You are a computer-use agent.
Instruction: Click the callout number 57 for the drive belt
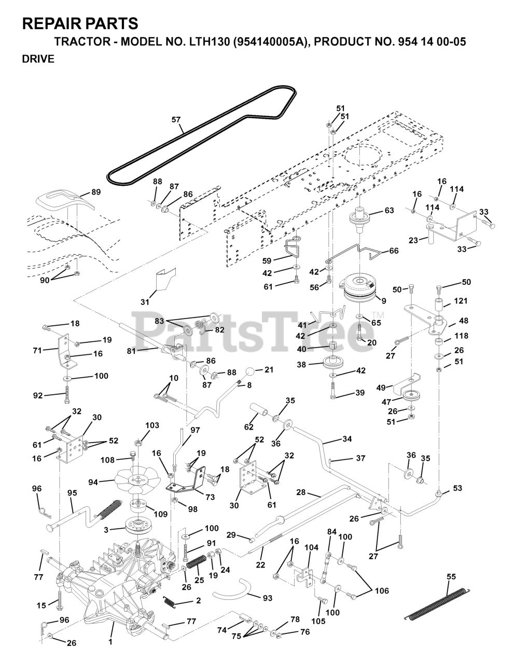point(176,120)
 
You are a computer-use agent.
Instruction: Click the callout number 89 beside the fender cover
point(96,192)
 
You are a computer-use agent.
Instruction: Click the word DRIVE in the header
point(38,59)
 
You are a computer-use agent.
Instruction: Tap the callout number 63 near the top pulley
point(389,211)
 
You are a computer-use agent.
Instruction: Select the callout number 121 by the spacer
point(461,301)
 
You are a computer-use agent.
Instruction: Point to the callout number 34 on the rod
point(347,439)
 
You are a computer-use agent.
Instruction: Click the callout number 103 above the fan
point(152,425)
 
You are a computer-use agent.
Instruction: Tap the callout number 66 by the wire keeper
point(394,251)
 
